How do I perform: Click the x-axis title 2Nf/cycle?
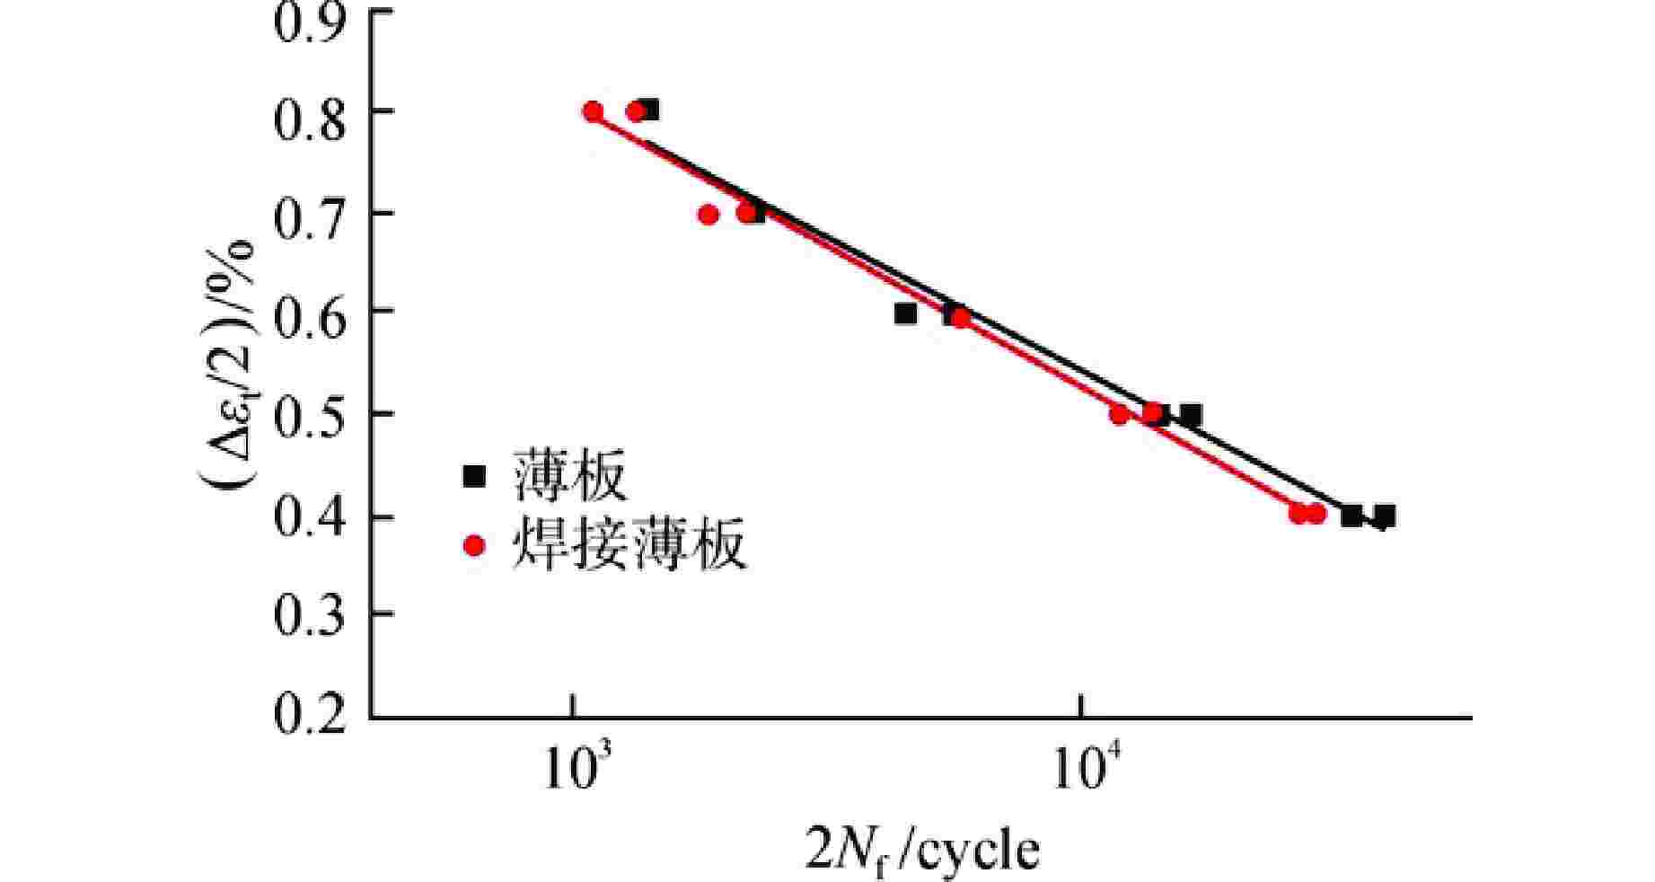point(923,850)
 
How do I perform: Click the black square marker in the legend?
point(473,475)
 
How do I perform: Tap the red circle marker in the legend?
point(473,545)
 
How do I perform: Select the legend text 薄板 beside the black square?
point(569,475)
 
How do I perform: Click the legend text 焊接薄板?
point(629,545)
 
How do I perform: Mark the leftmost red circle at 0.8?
point(593,111)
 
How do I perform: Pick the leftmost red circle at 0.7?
point(708,215)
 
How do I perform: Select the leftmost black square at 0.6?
point(905,313)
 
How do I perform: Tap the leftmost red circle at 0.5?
point(1119,415)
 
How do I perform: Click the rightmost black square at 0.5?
point(1191,415)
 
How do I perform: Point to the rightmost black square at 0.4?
point(1384,516)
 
